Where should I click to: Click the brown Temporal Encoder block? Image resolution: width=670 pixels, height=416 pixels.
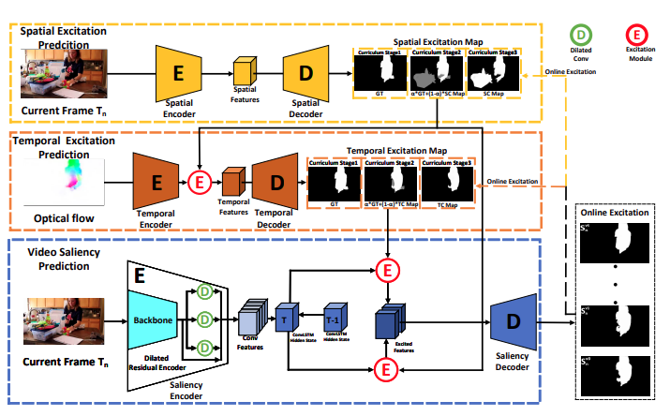[158, 179]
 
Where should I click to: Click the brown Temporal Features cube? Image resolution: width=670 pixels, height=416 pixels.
[232, 180]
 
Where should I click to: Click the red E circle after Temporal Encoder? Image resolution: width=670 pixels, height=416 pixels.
[199, 180]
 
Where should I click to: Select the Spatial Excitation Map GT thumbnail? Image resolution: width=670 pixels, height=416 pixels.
[379, 71]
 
